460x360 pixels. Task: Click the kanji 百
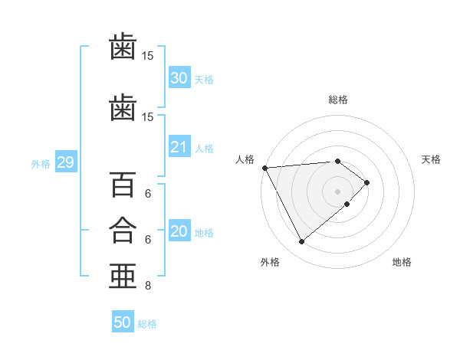123,185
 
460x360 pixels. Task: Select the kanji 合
123,231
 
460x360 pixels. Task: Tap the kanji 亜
123,277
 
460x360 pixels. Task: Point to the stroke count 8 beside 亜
148,285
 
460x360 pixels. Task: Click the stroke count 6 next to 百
148,194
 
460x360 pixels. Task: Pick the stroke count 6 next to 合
148,240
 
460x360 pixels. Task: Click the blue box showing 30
179,77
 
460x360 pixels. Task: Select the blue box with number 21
179,146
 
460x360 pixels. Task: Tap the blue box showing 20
179,230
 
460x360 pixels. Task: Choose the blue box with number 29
66,162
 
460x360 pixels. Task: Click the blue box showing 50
123,321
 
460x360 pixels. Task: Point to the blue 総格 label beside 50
147,324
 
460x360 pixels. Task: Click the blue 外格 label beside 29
41,164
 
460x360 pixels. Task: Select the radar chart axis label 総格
338,100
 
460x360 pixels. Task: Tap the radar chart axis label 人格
245,159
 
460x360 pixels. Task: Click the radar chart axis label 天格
431,159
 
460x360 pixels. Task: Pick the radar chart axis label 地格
402,262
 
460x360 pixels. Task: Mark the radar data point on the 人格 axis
265,168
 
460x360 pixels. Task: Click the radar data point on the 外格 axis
301,241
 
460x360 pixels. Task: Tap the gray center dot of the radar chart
337,191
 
